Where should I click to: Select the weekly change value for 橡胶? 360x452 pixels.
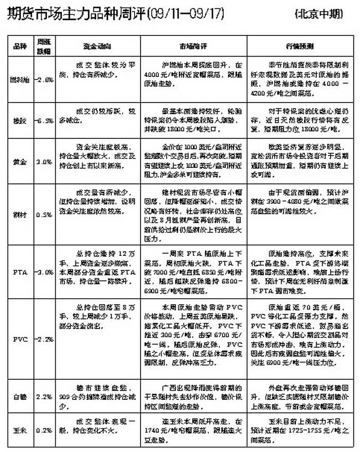(44, 120)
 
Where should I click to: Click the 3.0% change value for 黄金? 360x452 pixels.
(44, 162)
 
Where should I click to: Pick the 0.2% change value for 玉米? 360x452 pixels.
(44, 429)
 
